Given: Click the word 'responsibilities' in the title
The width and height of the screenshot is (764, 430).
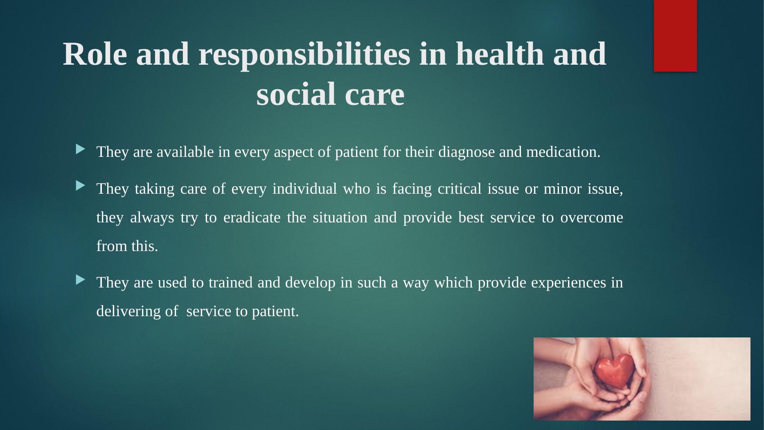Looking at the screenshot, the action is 304,54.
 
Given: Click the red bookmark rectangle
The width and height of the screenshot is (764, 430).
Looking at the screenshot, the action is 675,36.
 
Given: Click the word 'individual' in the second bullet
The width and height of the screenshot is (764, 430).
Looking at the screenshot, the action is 304,189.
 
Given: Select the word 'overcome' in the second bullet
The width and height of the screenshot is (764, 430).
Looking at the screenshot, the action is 592,217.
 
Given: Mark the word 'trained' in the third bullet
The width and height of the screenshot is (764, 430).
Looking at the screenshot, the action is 230,283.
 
